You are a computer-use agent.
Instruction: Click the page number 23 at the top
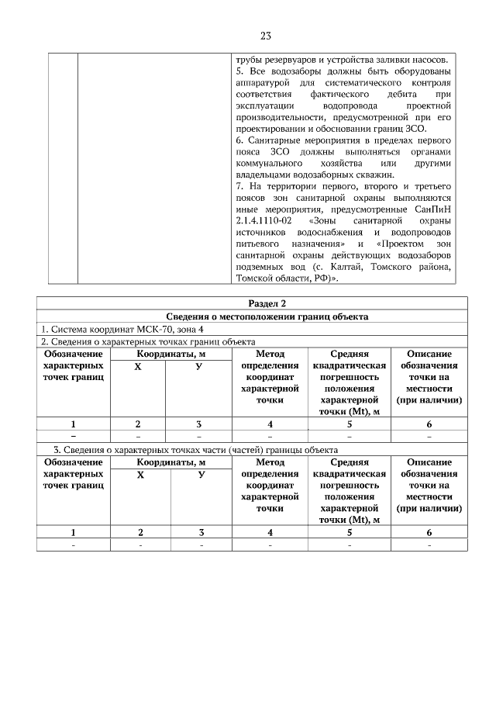[x=263, y=36]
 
